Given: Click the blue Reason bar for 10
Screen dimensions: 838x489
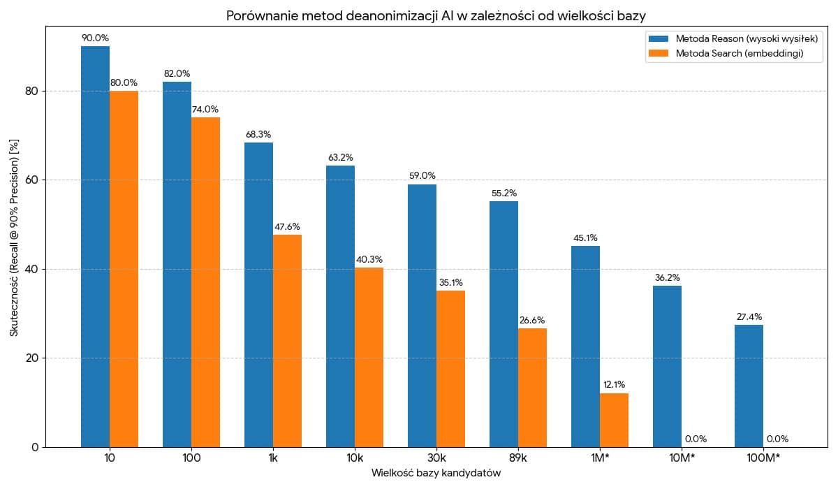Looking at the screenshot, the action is [x=96, y=247].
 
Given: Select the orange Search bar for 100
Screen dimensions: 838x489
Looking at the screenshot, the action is [x=205, y=282].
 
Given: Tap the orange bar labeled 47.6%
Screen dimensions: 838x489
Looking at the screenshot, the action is [x=287, y=341].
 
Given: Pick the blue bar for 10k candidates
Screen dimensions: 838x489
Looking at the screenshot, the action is [x=341, y=307].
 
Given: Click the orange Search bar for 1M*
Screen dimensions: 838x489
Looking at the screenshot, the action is [x=614, y=420].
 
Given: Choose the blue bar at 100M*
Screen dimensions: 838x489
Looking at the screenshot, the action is [x=749, y=386].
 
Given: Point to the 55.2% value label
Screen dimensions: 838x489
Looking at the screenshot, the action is [x=504, y=193].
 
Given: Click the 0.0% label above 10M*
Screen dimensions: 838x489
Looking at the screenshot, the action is [x=696, y=439].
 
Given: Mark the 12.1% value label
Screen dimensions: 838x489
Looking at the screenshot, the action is [x=614, y=384].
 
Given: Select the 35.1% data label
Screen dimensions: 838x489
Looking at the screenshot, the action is [x=451, y=282].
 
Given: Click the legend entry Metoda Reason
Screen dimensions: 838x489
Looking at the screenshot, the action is [x=747, y=38].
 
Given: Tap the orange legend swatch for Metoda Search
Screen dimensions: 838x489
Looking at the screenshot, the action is [x=659, y=53].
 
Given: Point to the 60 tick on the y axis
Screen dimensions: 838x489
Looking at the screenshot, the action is [x=33, y=180].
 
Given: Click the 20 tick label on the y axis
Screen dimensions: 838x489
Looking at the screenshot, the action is [x=33, y=358].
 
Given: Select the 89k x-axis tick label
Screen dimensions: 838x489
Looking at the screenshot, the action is [x=518, y=458].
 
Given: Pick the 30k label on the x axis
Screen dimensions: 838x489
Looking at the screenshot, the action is [x=436, y=458].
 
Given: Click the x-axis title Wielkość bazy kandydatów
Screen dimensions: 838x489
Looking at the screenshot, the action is [x=436, y=472].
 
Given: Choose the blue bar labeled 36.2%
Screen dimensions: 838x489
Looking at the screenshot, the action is [x=667, y=367].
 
